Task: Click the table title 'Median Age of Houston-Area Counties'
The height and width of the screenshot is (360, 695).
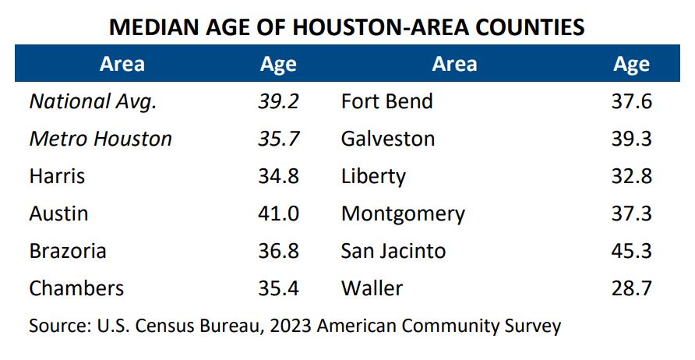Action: [x=347, y=27]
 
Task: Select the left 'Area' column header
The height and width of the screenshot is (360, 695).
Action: [x=122, y=64]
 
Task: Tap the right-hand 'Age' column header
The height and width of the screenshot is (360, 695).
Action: [x=631, y=64]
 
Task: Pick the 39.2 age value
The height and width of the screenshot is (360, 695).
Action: [x=278, y=101]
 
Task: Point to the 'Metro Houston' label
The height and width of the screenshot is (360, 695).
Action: [x=101, y=139]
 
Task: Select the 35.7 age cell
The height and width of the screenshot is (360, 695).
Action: [x=278, y=139]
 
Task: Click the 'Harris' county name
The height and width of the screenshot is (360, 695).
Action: [x=58, y=176]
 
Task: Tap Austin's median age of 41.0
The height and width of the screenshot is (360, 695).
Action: [x=278, y=214]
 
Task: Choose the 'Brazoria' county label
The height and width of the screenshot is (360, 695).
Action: [x=68, y=251]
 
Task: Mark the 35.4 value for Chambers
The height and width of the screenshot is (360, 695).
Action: [x=278, y=288]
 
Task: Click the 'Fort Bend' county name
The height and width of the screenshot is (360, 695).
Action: [x=386, y=101]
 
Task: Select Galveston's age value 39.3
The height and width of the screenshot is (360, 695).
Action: [x=631, y=139]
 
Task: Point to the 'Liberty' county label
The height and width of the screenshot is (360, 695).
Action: [x=373, y=176]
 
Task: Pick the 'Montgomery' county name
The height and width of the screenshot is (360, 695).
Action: [x=403, y=214]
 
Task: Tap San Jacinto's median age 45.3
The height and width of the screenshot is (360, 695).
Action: [x=631, y=251]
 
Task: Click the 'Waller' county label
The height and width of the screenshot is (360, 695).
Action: [x=372, y=288]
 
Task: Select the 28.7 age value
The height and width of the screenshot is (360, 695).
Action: [x=631, y=288]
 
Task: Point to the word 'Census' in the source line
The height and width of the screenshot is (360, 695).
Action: [x=156, y=325]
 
